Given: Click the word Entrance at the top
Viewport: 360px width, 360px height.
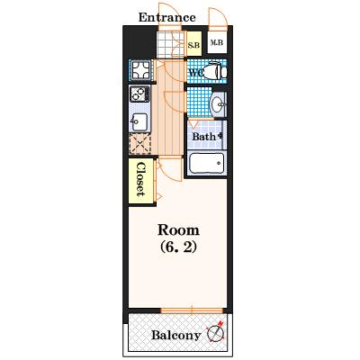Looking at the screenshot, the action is click(166, 17).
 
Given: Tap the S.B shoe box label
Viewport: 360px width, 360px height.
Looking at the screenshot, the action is click(193, 46).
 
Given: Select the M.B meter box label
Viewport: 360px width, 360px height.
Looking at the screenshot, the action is click(217, 43).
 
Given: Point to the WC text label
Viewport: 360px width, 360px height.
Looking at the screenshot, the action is click(196, 72).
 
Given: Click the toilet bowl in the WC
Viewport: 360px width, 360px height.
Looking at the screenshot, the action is click(215, 71).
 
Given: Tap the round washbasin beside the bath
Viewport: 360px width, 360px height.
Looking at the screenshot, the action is click(218, 104).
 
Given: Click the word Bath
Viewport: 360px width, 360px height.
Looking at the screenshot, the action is click(204, 137).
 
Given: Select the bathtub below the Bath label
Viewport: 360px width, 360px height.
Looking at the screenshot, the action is click(207, 163).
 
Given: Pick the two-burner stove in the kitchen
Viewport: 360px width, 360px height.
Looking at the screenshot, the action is click(139, 94).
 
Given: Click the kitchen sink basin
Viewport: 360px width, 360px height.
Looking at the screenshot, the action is click(139, 122).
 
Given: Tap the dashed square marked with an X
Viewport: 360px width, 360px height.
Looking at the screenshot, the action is click(139, 144).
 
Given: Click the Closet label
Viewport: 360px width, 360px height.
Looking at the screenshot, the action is click(140, 179).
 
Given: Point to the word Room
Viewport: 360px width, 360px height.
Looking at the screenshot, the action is click(178, 230).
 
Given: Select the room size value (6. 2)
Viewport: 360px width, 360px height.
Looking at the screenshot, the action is click(178, 247).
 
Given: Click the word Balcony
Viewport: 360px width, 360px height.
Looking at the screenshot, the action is click(175, 336).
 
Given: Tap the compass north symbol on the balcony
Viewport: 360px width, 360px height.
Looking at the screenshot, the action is click(216, 332).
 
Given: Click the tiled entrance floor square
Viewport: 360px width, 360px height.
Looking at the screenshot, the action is click(170, 44).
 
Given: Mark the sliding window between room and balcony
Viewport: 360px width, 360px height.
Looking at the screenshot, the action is click(192, 310).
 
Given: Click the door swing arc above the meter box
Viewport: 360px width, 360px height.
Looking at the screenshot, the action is click(218, 17).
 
